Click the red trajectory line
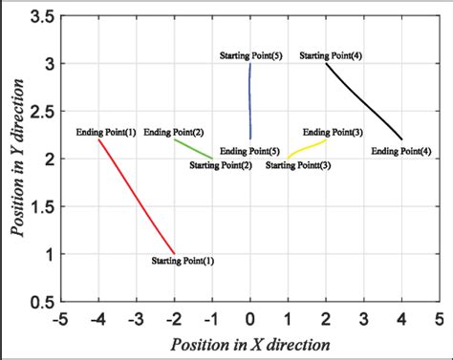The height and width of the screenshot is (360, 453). point(137,197)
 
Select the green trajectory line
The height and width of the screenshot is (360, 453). point(193,149)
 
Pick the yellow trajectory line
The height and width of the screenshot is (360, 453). point(306,148)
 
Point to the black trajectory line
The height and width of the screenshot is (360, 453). point(363,100)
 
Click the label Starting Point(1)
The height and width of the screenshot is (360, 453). point(183,260)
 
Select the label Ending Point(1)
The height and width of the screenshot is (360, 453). point(106,132)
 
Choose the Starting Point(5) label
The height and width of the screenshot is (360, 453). point(250,55)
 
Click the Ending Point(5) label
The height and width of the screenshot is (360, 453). point(249,151)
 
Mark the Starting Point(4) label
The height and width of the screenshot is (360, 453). point(331,55)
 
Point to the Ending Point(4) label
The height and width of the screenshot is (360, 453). point(400,151)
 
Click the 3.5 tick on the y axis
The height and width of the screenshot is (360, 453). point(39,16)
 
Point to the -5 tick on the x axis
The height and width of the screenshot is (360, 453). point(61,318)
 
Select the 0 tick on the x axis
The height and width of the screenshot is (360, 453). point(250,318)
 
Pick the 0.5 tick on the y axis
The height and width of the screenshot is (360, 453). point(39,302)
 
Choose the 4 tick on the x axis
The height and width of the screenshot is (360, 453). point(401,318)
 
